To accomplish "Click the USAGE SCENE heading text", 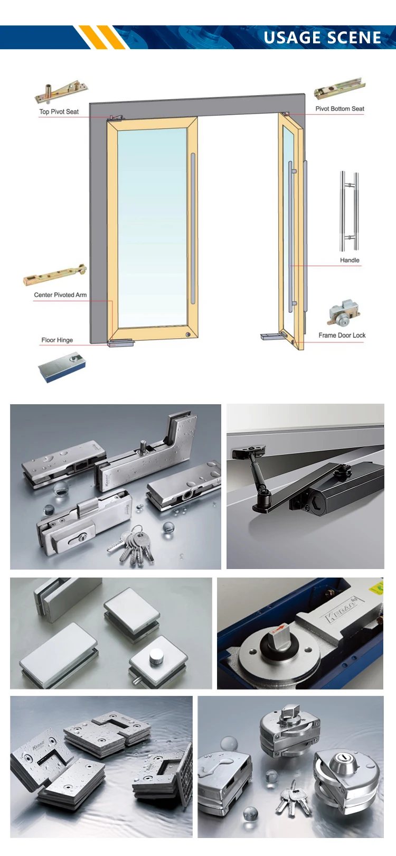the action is [322, 38].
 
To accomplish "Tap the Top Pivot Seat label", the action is [59, 111].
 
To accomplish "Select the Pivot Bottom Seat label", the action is [340, 108].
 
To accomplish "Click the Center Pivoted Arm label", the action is [60, 295].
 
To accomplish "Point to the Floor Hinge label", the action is [57, 340].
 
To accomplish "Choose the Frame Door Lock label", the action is [342, 335].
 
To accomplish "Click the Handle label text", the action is [350, 260].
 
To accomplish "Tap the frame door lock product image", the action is [343, 313].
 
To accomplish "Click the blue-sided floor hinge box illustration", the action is [62, 368].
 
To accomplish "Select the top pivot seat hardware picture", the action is [61, 93].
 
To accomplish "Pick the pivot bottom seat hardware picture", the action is [340, 88].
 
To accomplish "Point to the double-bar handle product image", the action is [349, 211].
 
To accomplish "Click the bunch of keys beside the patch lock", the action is [132, 543].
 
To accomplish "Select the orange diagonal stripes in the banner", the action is [101, 37].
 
